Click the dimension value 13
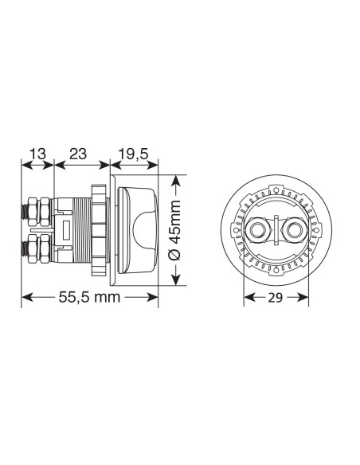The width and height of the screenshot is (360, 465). [x=37, y=154]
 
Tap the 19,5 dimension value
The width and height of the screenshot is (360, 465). [x=133, y=154]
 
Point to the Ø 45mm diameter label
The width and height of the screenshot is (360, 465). [x=177, y=230]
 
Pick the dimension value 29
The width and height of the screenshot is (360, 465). [x=276, y=298]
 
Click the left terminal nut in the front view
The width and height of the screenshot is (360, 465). [x=258, y=231]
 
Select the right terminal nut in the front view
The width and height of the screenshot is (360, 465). [x=294, y=231]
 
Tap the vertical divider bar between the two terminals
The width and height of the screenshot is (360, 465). [x=276, y=231]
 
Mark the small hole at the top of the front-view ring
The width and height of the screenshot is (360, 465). [x=276, y=191]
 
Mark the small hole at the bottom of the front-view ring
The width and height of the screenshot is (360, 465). [x=276, y=271]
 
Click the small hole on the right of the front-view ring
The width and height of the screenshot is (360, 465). [x=315, y=231]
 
